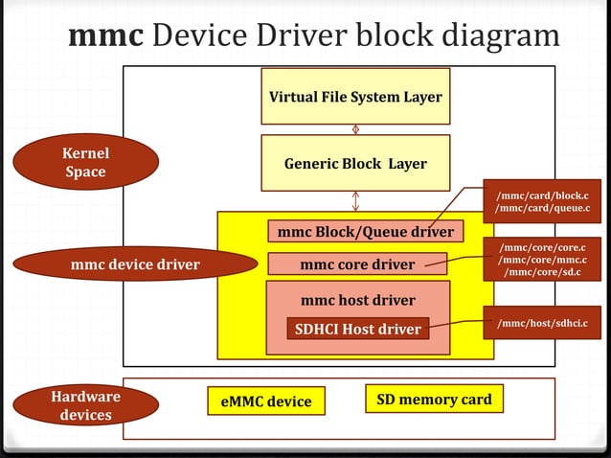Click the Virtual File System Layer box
[355, 96]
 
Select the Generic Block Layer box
[355, 164]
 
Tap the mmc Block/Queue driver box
[365, 232]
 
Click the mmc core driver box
[357, 263]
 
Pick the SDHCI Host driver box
[357, 329]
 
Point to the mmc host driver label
[357, 299]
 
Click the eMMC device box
[265, 401]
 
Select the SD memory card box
[434, 399]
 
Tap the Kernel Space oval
[85, 162]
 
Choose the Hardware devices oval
[85, 405]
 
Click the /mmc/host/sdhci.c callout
[542, 324]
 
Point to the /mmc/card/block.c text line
[542, 195]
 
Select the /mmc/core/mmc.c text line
[542, 260]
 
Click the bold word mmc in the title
[105, 35]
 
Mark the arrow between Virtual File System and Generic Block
[356, 128]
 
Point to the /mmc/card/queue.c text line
[542, 209]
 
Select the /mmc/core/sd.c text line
[542, 273]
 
